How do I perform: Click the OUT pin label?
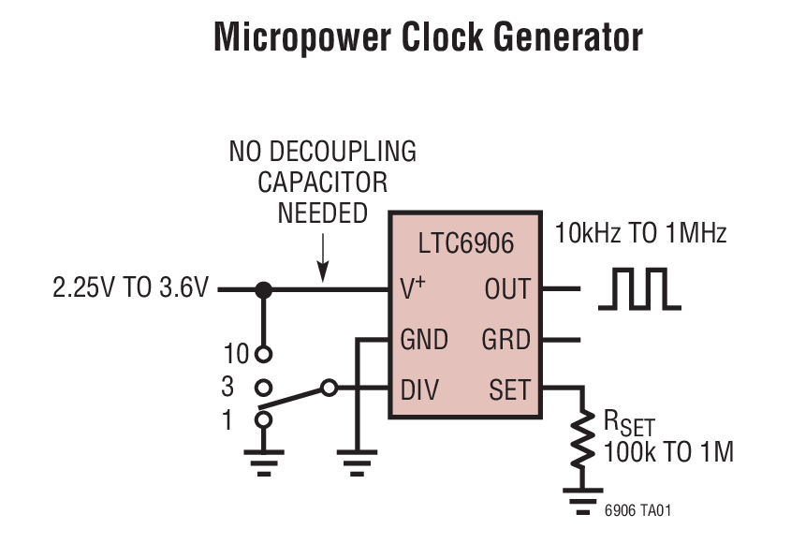point(507,290)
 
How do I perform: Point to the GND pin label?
point(424,339)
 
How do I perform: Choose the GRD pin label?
point(506,339)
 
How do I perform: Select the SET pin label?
point(509,389)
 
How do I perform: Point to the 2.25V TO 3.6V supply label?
point(131,288)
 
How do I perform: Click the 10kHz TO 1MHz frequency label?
point(640,233)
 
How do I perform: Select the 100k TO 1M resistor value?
point(668,452)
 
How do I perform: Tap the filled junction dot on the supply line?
point(264,290)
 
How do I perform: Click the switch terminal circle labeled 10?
point(264,354)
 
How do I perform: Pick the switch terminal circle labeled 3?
point(264,386)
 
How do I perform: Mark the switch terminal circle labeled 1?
point(264,419)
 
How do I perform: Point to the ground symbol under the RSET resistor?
point(584,497)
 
